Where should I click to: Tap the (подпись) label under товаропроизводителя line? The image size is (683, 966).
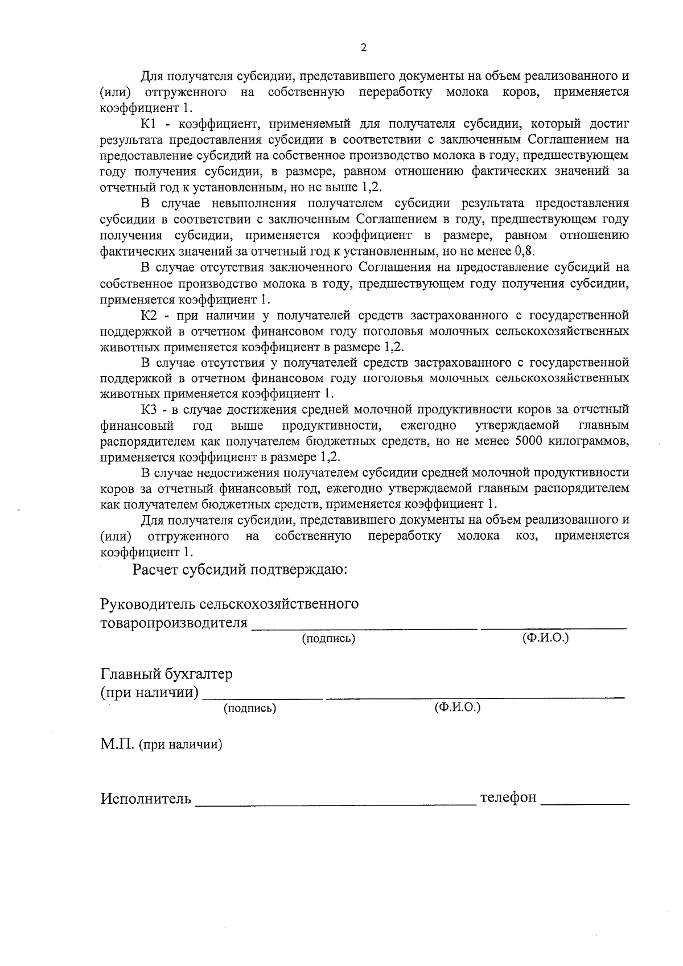pos(328,639)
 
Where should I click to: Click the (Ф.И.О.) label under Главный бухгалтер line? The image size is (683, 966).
pos(457,708)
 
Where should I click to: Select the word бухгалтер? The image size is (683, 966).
pos(199,675)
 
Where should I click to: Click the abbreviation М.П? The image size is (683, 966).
pos(117,744)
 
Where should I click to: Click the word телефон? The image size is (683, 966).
pos(508,798)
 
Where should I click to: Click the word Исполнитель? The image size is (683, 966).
pos(146,799)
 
